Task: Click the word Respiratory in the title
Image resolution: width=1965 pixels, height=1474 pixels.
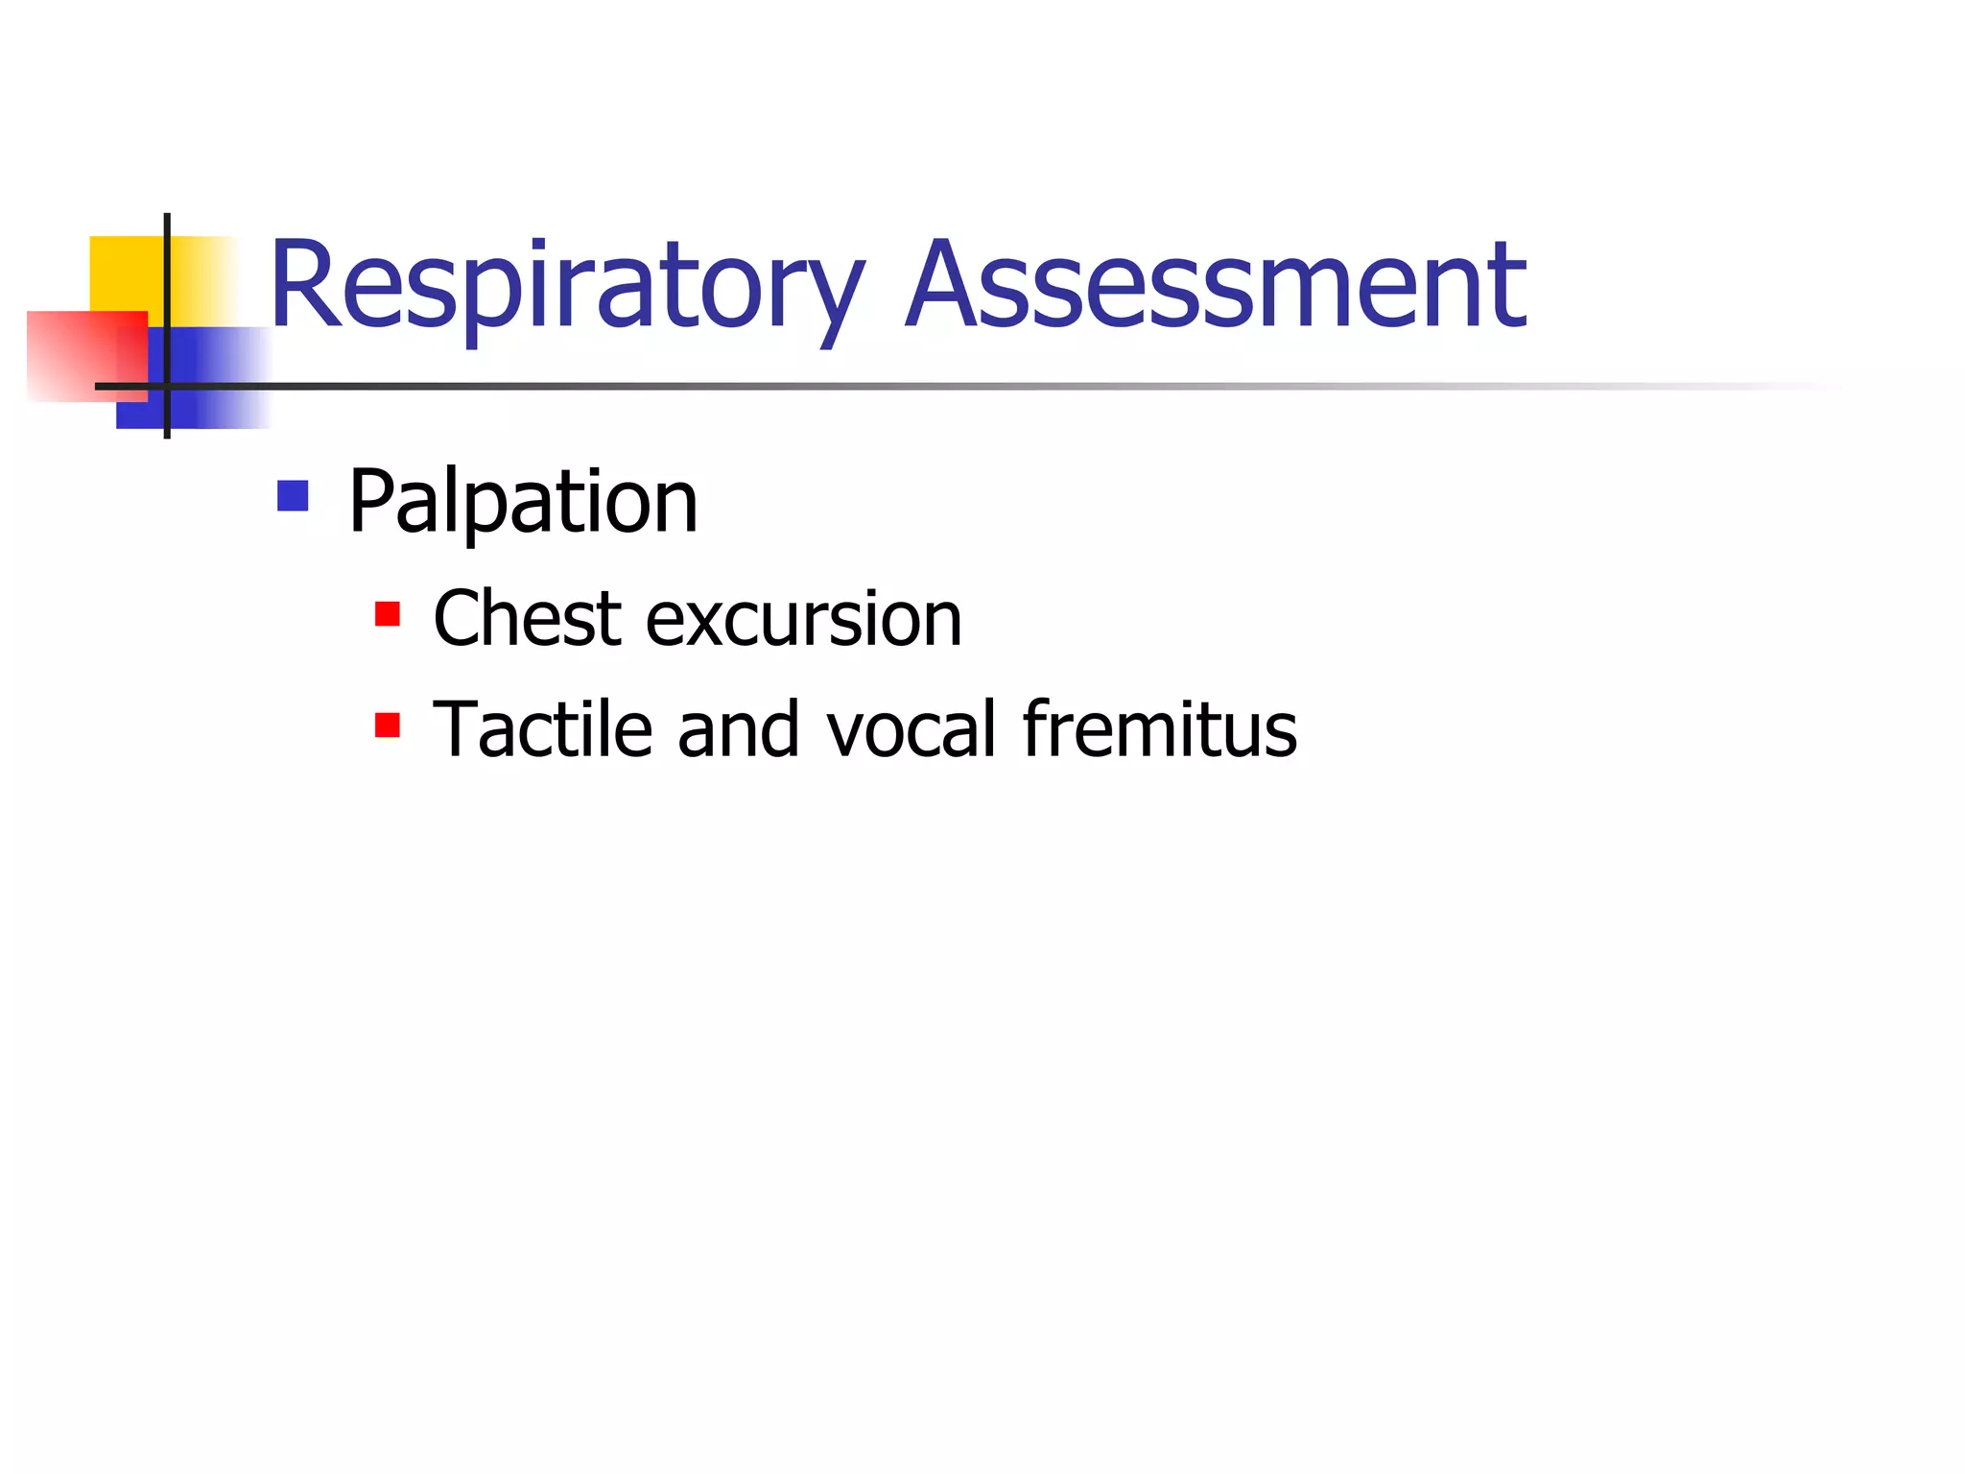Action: click(566, 288)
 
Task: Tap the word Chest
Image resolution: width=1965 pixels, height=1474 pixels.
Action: click(527, 619)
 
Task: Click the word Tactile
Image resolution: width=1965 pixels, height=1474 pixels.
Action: click(542, 729)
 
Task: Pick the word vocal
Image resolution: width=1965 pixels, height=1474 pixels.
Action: click(911, 729)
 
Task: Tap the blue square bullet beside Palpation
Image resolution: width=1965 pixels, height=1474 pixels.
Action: click(293, 496)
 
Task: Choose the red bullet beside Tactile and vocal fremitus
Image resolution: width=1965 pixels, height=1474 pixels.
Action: click(388, 725)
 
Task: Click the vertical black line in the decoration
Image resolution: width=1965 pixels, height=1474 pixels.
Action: click(167, 288)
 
